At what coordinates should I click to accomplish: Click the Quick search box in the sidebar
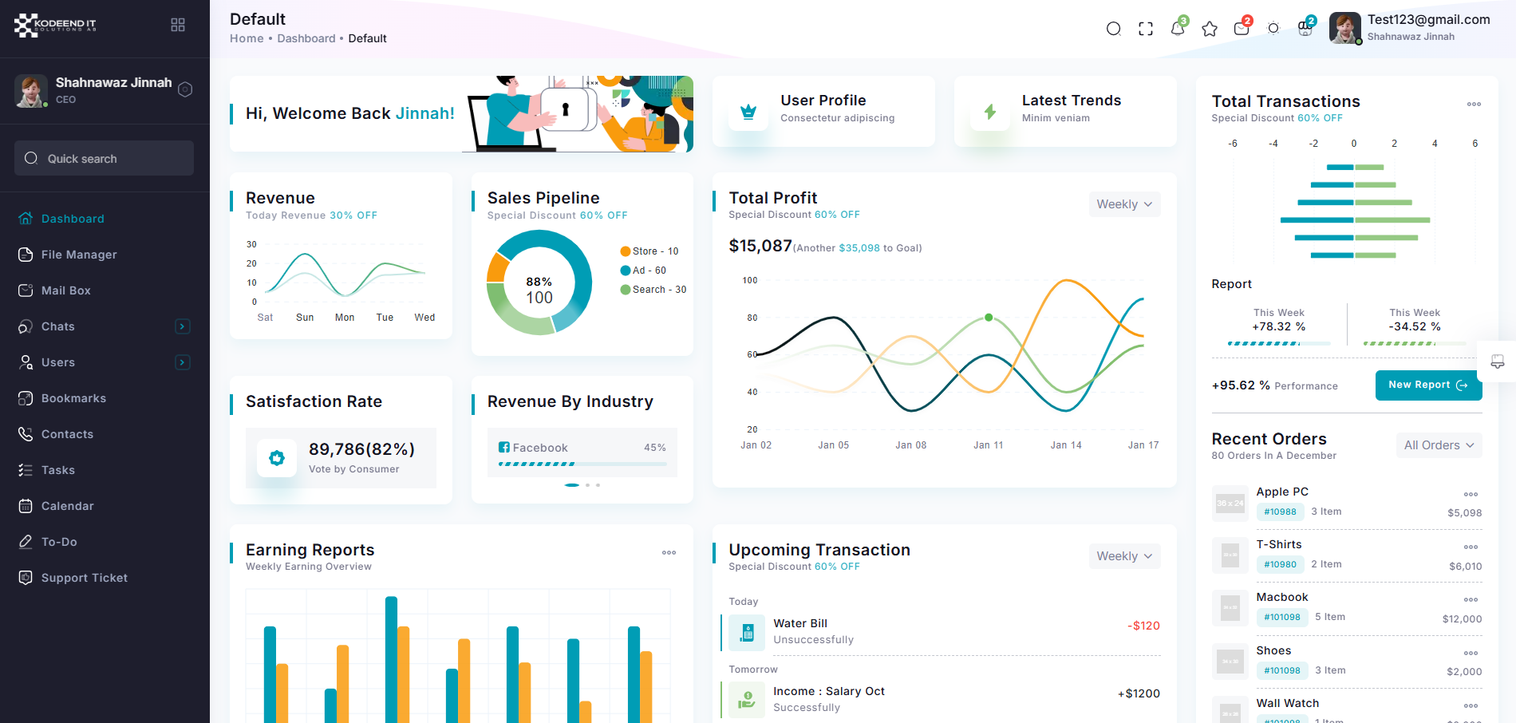click(x=104, y=158)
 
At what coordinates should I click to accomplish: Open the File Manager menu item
click(x=78, y=255)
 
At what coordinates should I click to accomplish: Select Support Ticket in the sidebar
click(x=84, y=578)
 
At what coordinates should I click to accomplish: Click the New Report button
click(x=1427, y=385)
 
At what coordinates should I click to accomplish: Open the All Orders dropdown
click(x=1439, y=445)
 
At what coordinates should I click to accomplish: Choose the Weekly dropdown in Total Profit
click(x=1123, y=204)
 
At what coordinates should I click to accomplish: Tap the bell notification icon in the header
click(x=1177, y=29)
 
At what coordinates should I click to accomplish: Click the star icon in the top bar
click(x=1210, y=29)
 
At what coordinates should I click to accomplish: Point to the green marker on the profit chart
click(x=989, y=318)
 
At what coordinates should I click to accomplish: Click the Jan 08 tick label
click(x=910, y=445)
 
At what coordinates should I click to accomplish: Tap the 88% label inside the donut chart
click(x=539, y=282)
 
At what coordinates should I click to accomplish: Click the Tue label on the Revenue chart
click(x=385, y=318)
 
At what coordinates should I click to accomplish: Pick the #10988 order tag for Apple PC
click(x=1280, y=512)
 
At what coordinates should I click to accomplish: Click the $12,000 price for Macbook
click(x=1462, y=619)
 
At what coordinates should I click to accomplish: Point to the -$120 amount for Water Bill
click(x=1143, y=626)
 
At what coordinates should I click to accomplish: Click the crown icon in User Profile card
click(x=748, y=112)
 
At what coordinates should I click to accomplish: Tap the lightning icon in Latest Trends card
click(x=989, y=112)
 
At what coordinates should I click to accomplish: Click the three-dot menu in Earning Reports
click(x=669, y=552)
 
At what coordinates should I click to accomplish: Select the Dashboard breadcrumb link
click(x=306, y=38)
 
